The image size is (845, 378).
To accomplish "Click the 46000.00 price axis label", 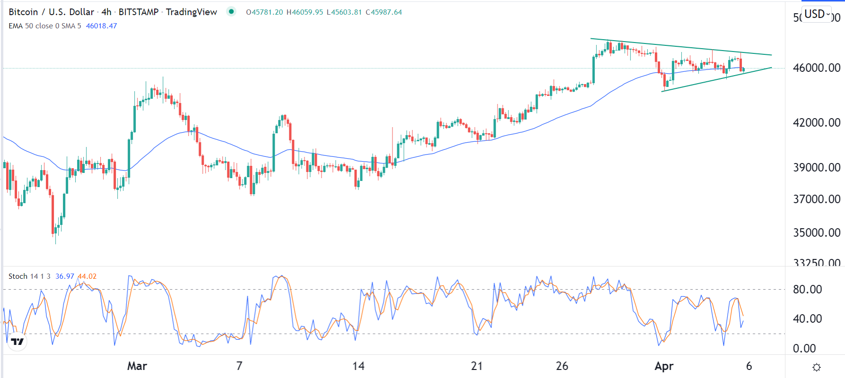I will (x=816, y=68).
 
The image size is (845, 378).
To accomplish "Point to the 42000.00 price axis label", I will (x=816, y=122).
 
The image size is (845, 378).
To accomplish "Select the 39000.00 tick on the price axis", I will (x=816, y=167).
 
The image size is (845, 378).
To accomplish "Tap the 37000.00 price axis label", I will (x=816, y=199).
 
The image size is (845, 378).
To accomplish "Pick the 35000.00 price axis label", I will (x=816, y=232).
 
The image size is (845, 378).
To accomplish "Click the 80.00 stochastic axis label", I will (x=807, y=289).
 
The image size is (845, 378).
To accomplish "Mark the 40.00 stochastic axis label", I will (x=807, y=318).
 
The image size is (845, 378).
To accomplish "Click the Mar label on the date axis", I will (x=137, y=366).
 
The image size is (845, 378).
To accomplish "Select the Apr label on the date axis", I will (x=664, y=366).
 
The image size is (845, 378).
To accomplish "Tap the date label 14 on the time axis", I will (x=358, y=366).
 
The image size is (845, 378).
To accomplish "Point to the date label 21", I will (x=477, y=366).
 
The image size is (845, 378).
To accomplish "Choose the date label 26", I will (x=562, y=366).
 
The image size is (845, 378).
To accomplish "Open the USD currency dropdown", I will (x=817, y=14).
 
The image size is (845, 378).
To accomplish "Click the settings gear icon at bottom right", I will (x=816, y=367).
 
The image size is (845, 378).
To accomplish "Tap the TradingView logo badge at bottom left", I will (x=17, y=341).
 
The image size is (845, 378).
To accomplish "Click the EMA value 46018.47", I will (x=101, y=26).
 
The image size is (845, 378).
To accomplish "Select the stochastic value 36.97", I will (x=65, y=276).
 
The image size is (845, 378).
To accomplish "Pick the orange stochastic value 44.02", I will (x=87, y=276).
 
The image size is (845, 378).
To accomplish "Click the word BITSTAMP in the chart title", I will (x=139, y=12).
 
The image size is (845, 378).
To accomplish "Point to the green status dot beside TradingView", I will (x=231, y=11).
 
